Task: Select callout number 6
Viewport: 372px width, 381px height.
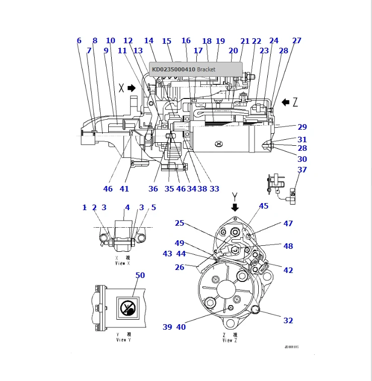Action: point(79,41)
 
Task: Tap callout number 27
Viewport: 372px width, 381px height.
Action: point(297,41)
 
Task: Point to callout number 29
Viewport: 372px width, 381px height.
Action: point(302,127)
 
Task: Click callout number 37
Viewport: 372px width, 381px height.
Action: point(302,170)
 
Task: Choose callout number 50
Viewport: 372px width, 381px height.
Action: point(140,275)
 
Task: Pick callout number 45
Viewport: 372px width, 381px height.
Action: point(264,206)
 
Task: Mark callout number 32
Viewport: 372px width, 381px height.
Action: point(288,321)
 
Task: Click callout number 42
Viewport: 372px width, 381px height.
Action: point(288,270)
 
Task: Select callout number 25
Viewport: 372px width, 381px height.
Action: point(180,223)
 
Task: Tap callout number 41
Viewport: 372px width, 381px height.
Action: point(124,189)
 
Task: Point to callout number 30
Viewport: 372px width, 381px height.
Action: point(302,159)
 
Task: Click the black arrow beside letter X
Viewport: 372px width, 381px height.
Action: point(132,88)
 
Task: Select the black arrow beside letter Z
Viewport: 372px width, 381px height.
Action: point(285,103)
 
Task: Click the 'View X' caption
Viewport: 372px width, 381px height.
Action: point(123,261)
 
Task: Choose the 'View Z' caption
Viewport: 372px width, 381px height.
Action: point(228,338)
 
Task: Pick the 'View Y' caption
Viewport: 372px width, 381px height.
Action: point(123,338)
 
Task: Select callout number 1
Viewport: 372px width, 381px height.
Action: point(85,207)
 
